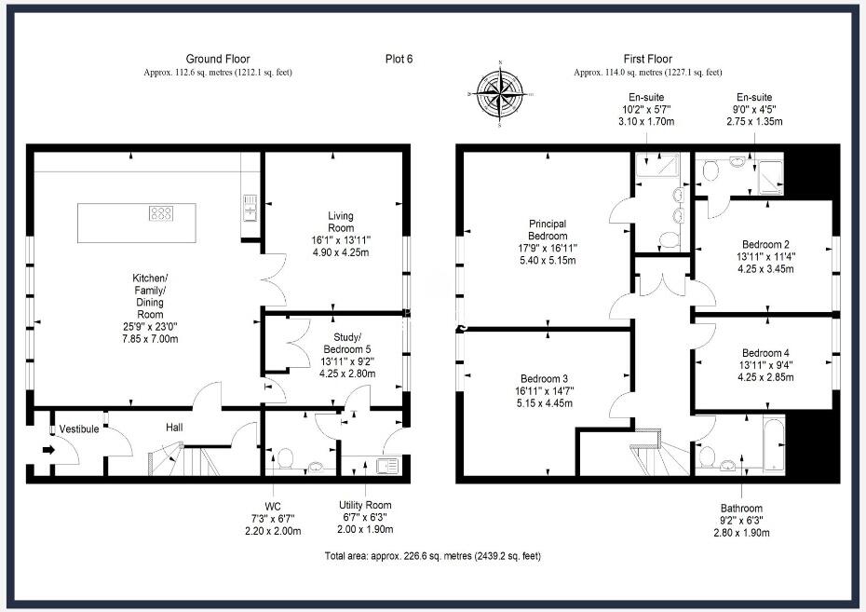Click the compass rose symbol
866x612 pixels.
500,93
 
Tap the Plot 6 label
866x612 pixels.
399,59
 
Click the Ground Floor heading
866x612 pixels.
217,59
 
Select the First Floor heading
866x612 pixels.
647,59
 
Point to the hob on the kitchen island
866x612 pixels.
160,213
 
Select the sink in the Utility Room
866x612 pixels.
386,463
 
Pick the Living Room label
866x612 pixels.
340,222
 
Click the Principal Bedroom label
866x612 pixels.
548,229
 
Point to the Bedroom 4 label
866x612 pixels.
766,353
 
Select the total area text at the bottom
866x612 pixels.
431,556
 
